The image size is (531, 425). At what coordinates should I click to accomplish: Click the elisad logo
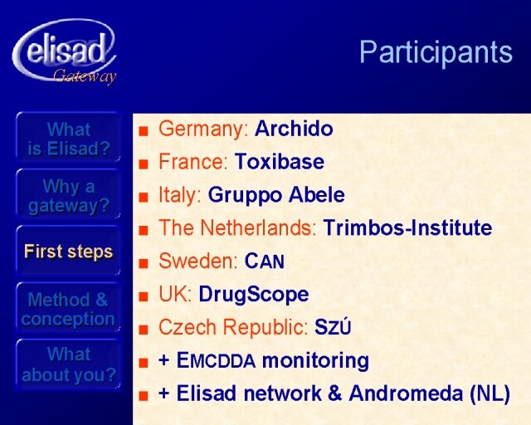point(65,51)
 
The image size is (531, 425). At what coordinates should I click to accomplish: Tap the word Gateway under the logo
point(85,76)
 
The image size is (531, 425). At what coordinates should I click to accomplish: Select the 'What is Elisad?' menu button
point(68,138)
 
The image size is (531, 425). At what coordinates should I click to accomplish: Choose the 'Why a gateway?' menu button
point(68,195)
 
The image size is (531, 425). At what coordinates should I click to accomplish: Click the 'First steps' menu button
point(68,252)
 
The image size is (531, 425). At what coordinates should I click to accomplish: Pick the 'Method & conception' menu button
point(68,309)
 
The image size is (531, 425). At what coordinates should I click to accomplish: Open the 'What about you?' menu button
point(68,364)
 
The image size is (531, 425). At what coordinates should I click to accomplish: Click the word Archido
point(294,129)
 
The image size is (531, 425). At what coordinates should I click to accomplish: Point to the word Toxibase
point(280,162)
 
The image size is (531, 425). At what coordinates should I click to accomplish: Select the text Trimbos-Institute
point(407,227)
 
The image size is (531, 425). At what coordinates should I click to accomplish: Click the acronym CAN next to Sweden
point(265,261)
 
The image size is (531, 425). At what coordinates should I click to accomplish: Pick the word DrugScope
point(254,294)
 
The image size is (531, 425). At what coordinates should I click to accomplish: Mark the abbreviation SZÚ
point(333,327)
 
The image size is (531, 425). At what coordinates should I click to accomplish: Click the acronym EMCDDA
point(216,360)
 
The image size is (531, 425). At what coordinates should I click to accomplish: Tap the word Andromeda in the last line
point(406,393)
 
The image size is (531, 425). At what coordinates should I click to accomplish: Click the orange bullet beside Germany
point(144,130)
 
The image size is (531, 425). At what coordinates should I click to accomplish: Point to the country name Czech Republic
point(233,327)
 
